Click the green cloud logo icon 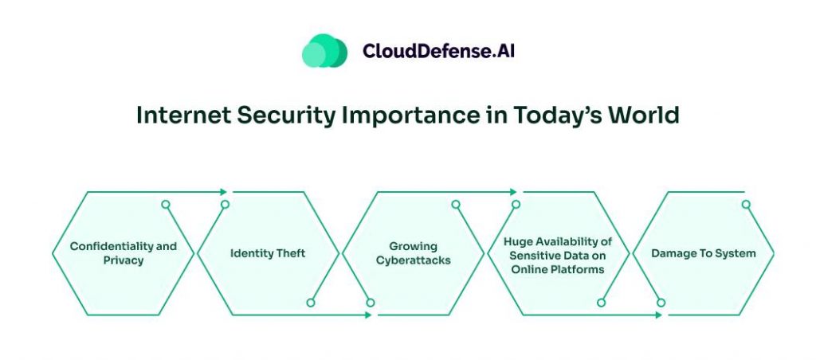click(x=324, y=51)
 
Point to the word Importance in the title click(x=402, y=115)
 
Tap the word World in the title click(x=643, y=115)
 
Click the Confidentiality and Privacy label click(x=123, y=253)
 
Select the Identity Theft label click(x=268, y=253)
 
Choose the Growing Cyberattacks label click(x=413, y=253)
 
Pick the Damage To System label click(x=703, y=253)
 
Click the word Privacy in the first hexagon click(x=123, y=260)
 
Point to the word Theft click(x=290, y=253)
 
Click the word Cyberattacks click(x=413, y=260)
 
